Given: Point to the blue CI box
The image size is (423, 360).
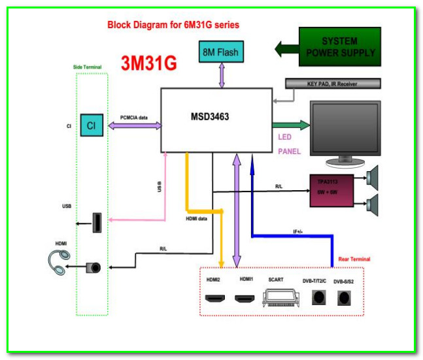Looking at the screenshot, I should click(92, 125).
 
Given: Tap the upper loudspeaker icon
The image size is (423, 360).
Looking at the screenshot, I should click(377, 176).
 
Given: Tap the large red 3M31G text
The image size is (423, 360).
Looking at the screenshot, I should click(149, 63).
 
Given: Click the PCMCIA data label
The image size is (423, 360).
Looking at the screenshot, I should click(134, 118).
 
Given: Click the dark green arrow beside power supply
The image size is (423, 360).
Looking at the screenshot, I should click(286, 48).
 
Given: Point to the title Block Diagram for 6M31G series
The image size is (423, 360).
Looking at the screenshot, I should click(173, 25).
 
